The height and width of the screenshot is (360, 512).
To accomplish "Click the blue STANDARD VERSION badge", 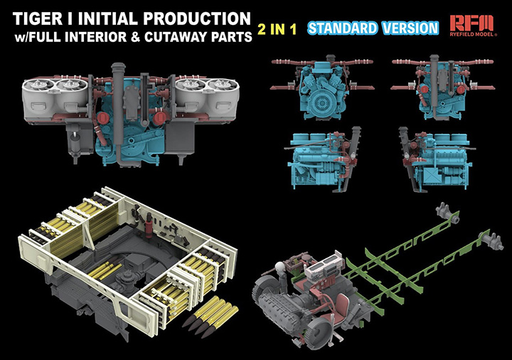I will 373,28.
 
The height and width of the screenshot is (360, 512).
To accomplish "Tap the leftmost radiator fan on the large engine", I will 41,87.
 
